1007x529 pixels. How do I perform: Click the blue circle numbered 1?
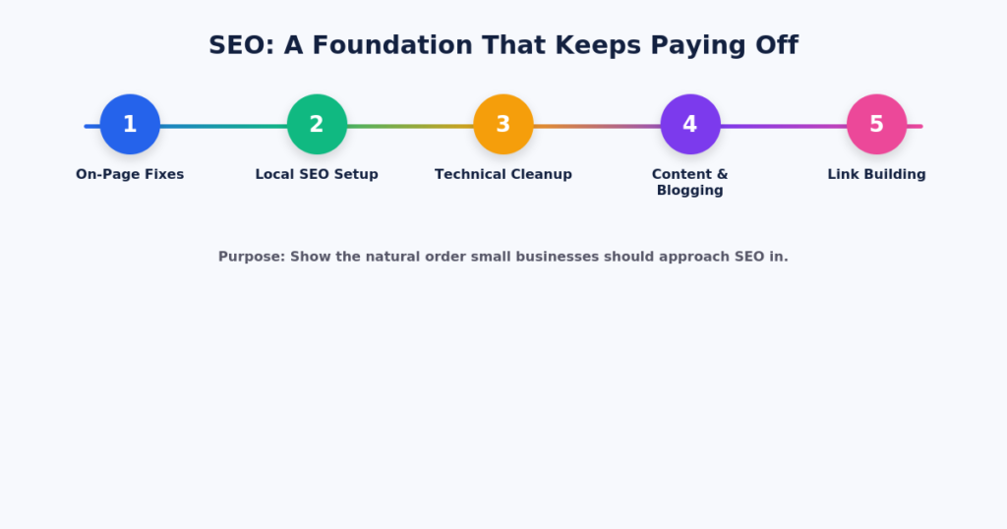point(130,124)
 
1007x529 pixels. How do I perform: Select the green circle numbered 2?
point(317,124)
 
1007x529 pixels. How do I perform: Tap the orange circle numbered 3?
point(503,124)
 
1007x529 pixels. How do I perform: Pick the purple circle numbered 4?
point(690,124)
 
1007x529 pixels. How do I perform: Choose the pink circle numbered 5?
point(876,124)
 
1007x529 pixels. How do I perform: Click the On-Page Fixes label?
point(130,175)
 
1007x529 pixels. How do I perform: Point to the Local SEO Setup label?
point(317,175)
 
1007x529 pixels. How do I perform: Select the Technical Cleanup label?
point(503,175)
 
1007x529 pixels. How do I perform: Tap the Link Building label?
point(876,175)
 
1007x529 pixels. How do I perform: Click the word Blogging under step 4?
point(690,191)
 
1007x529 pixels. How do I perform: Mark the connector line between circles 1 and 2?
point(223,127)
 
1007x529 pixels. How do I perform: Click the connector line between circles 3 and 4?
point(597,127)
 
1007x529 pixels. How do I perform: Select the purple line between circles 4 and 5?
point(784,127)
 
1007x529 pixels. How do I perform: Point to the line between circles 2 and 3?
point(410,127)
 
